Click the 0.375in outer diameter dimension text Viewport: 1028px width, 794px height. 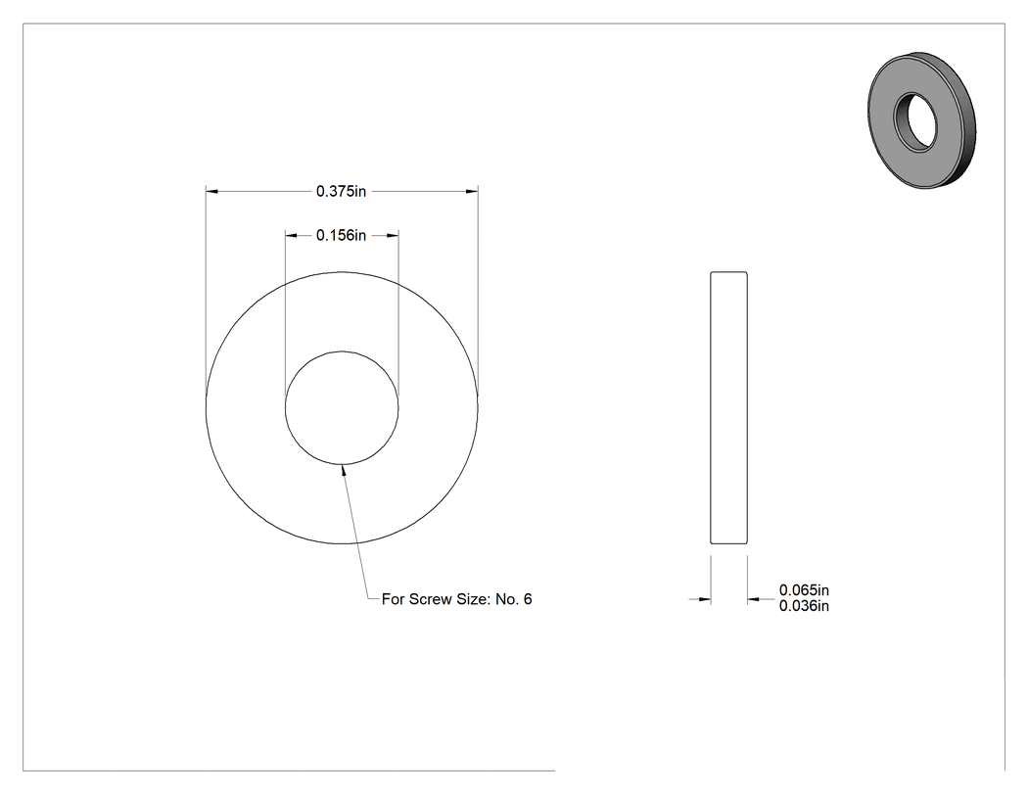point(341,192)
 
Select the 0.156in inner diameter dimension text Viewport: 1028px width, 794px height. point(341,235)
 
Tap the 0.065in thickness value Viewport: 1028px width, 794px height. point(804,590)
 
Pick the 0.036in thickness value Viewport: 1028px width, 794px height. point(804,606)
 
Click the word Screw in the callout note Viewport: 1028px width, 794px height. point(430,599)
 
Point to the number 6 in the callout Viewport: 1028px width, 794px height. point(528,599)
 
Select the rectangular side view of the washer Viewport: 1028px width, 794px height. point(729,408)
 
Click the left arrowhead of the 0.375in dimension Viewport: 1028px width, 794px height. point(211,192)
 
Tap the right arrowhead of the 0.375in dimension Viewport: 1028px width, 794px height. point(472,192)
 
